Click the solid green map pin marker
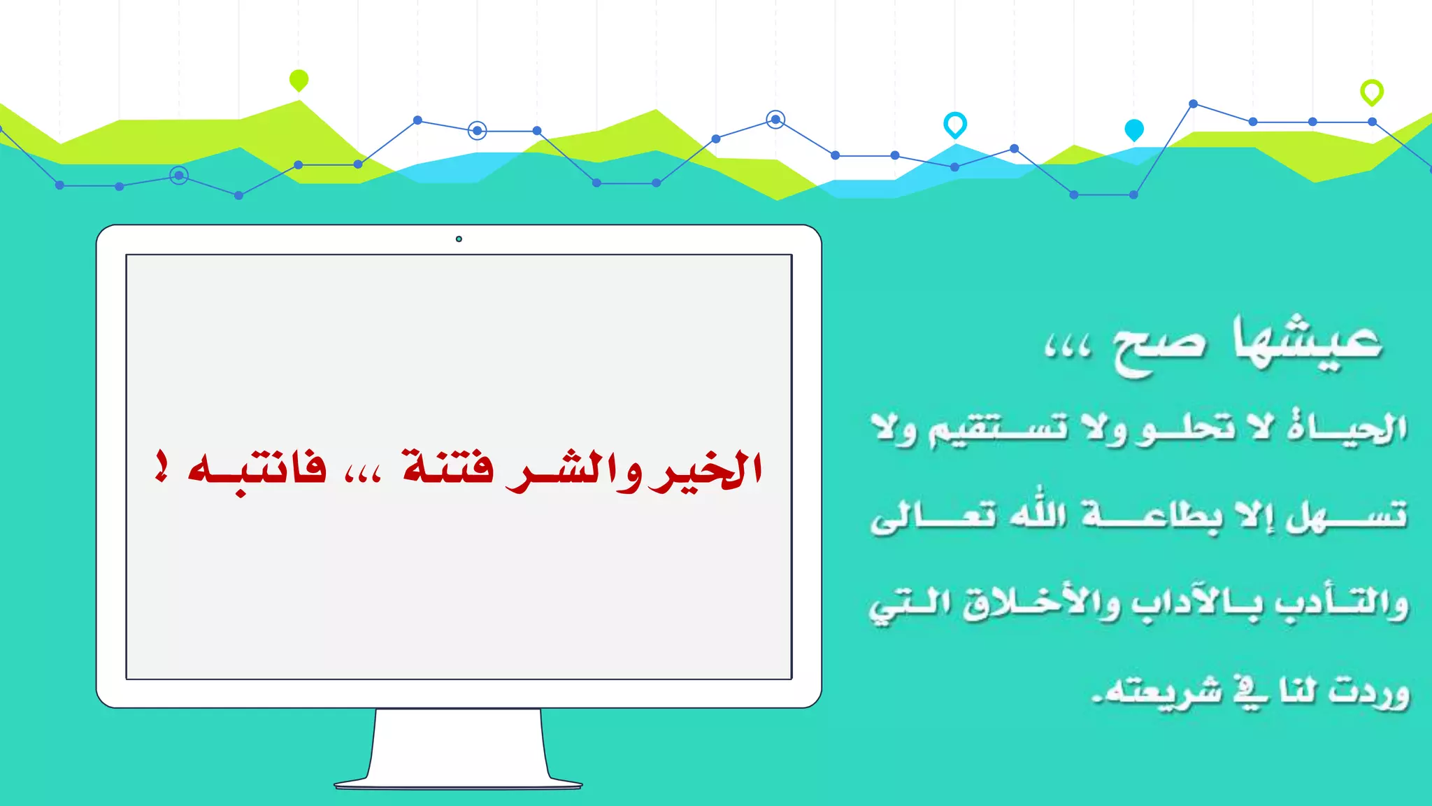click(x=299, y=80)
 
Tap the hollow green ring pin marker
click(x=1371, y=92)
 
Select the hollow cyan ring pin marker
click(x=954, y=124)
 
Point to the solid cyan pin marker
click(x=1133, y=129)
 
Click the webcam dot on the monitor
click(x=459, y=239)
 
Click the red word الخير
click(x=706, y=469)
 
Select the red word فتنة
click(x=447, y=467)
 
